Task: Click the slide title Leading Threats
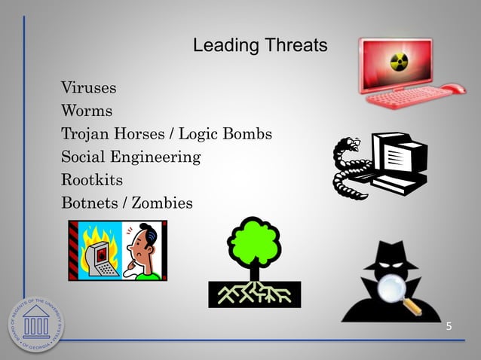[x=260, y=46]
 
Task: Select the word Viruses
[x=88, y=87]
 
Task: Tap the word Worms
[x=87, y=111]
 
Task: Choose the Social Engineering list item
[x=130, y=157]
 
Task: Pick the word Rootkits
[x=91, y=181]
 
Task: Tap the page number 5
[x=449, y=326]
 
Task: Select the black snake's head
[x=355, y=144]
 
